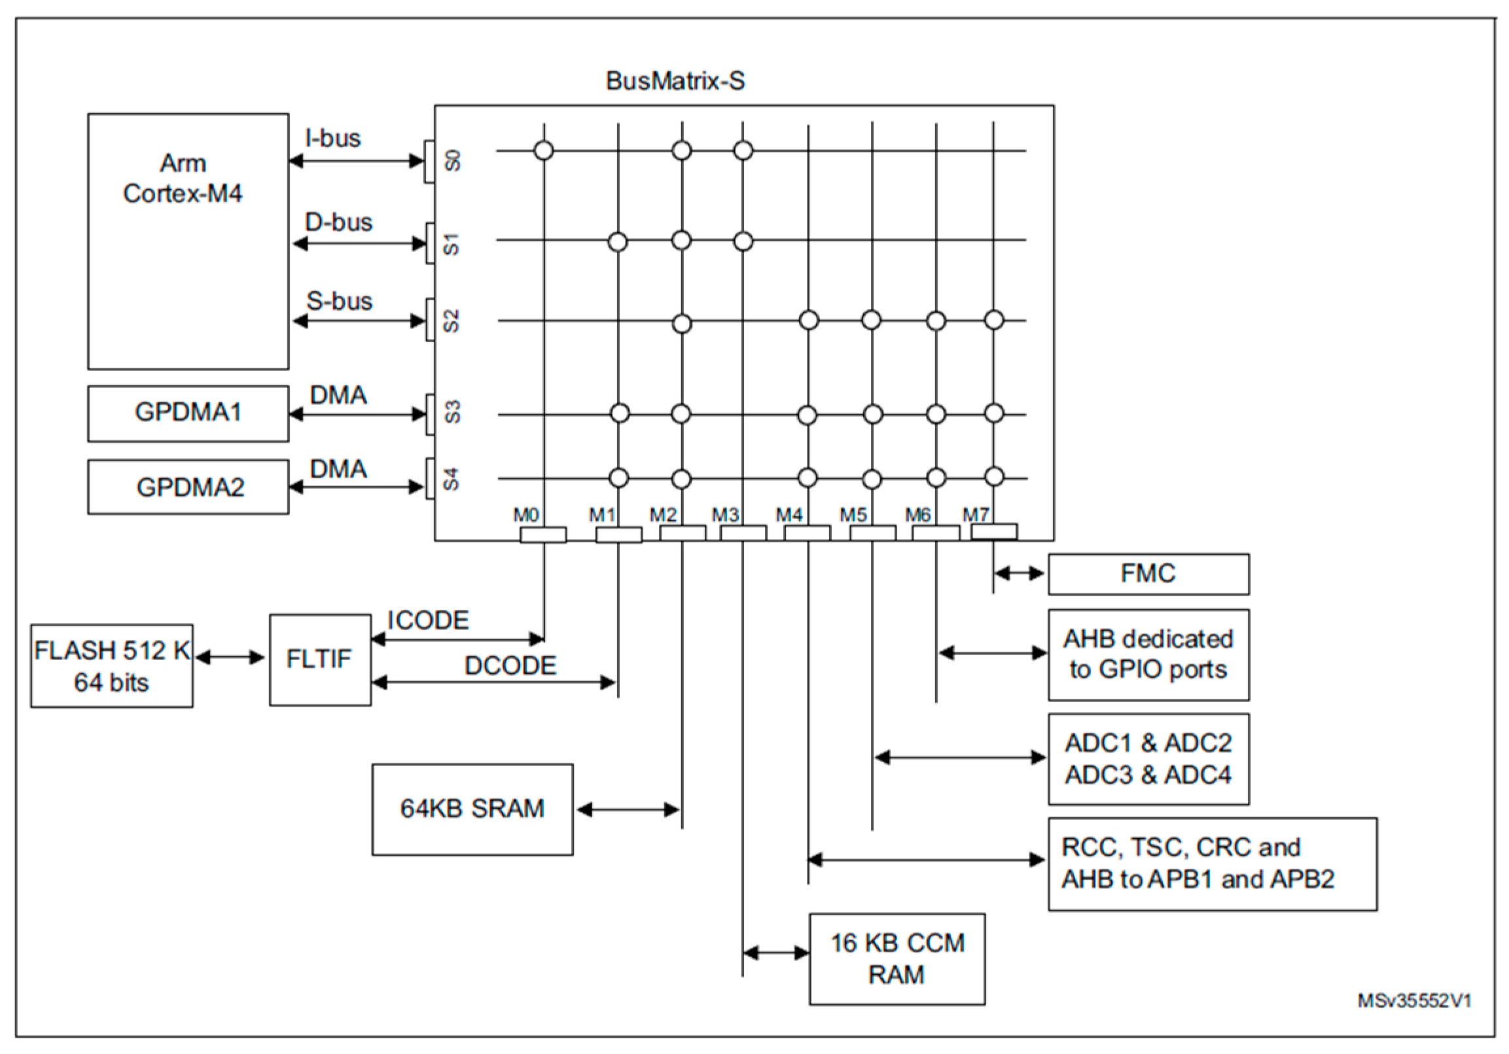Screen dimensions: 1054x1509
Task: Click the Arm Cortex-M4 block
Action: click(188, 241)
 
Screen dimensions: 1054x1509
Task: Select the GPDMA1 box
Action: click(188, 413)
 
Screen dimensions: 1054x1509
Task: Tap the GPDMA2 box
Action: click(188, 487)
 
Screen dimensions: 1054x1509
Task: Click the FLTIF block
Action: click(320, 659)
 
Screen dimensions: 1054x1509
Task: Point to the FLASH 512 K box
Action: click(112, 665)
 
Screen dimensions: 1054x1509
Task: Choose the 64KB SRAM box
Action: click(472, 809)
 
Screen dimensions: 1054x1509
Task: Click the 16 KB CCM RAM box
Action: click(897, 958)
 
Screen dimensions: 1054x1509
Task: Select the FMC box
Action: click(1148, 574)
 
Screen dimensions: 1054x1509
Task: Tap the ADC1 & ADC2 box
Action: click(1148, 759)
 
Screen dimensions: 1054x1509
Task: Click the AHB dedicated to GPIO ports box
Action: click(1148, 654)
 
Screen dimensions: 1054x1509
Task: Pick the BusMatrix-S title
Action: click(675, 81)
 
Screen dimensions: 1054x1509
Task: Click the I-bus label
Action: click(333, 139)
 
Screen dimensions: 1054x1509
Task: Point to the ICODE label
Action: click(428, 620)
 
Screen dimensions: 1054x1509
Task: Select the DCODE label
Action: click(510, 665)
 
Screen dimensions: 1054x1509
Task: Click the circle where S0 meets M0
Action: click(544, 150)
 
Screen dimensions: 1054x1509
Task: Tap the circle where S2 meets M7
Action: click(994, 320)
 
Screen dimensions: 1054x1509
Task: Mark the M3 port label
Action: click(725, 515)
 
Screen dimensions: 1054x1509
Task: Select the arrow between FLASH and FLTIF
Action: click(231, 657)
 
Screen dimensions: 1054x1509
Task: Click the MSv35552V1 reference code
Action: click(1414, 1001)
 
